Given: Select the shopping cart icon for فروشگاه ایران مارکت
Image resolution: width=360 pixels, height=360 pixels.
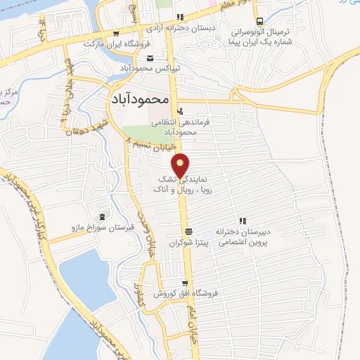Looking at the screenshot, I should coord(115,33).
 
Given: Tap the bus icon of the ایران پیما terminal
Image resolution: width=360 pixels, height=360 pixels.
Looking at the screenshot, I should coord(260,21).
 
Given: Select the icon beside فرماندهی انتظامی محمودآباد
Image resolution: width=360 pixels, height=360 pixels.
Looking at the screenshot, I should coord(181,110).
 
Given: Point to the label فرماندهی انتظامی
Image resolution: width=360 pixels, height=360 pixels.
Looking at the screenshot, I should coord(165,121).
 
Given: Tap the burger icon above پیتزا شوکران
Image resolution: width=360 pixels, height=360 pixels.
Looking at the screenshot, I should coord(188,232).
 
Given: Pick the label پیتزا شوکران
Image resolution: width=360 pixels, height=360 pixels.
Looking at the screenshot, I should coord(189,242).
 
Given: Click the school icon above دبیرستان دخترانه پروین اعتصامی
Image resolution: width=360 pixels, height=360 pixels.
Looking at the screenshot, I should coord(243,221).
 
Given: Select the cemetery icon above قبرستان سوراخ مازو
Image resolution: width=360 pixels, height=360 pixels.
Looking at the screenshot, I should coord(105,215).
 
